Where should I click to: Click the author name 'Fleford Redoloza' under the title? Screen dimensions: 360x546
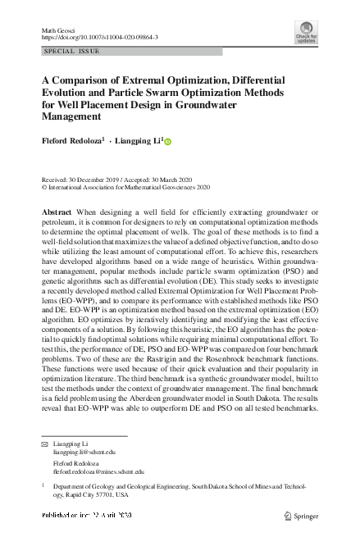72,141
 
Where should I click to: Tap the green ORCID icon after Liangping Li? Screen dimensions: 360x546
168,142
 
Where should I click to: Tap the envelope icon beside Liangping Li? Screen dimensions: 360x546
45,444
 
